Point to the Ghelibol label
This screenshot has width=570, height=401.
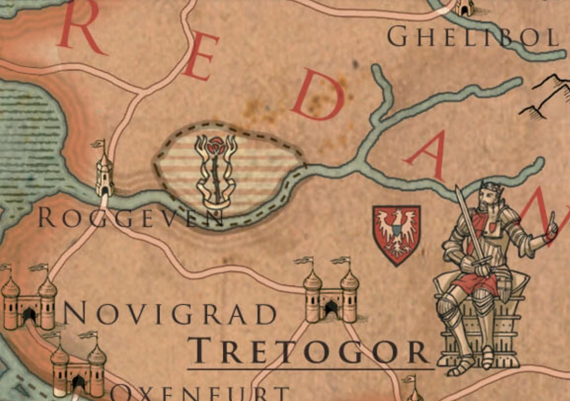473,37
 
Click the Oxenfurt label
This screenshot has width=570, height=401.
200,393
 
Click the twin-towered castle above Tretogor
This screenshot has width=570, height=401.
331,292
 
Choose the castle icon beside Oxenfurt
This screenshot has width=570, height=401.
78,366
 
